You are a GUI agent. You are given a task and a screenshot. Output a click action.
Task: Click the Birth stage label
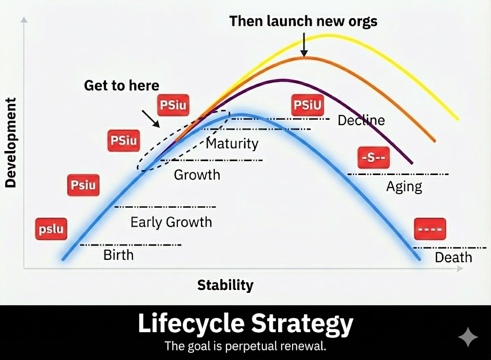118,255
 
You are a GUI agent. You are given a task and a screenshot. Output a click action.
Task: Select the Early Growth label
171,222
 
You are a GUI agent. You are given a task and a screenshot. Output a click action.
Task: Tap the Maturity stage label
232,143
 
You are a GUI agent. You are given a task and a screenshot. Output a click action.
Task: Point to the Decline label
361,120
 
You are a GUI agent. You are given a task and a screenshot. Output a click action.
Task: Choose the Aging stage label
404,186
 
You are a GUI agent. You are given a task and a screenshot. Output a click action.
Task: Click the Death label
453,257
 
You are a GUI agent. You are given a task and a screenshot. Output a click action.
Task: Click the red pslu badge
51,229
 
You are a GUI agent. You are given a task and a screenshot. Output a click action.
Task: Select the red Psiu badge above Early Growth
83,185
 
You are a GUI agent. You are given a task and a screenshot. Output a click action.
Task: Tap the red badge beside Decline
307,105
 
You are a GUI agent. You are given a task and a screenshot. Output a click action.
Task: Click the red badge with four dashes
430,229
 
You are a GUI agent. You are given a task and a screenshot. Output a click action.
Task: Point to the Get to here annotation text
121,86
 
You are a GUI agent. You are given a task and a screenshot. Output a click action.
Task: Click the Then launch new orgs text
303,21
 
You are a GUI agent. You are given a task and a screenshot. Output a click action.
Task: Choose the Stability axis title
225,285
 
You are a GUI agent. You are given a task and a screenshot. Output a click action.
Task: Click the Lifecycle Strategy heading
245,324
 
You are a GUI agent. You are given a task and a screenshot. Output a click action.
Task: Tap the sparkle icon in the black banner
468,337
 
